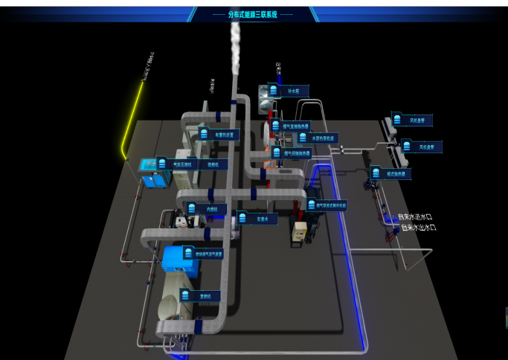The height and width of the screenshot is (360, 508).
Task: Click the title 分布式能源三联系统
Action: (x=253, y=13)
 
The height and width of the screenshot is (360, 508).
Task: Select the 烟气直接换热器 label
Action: (x=295, y=126)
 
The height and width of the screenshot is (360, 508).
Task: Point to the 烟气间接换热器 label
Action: (x=295, y=153)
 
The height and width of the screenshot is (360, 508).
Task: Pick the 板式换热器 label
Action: (x=393, y=173)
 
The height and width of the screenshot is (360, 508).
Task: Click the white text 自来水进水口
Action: (x=415, y=217)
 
